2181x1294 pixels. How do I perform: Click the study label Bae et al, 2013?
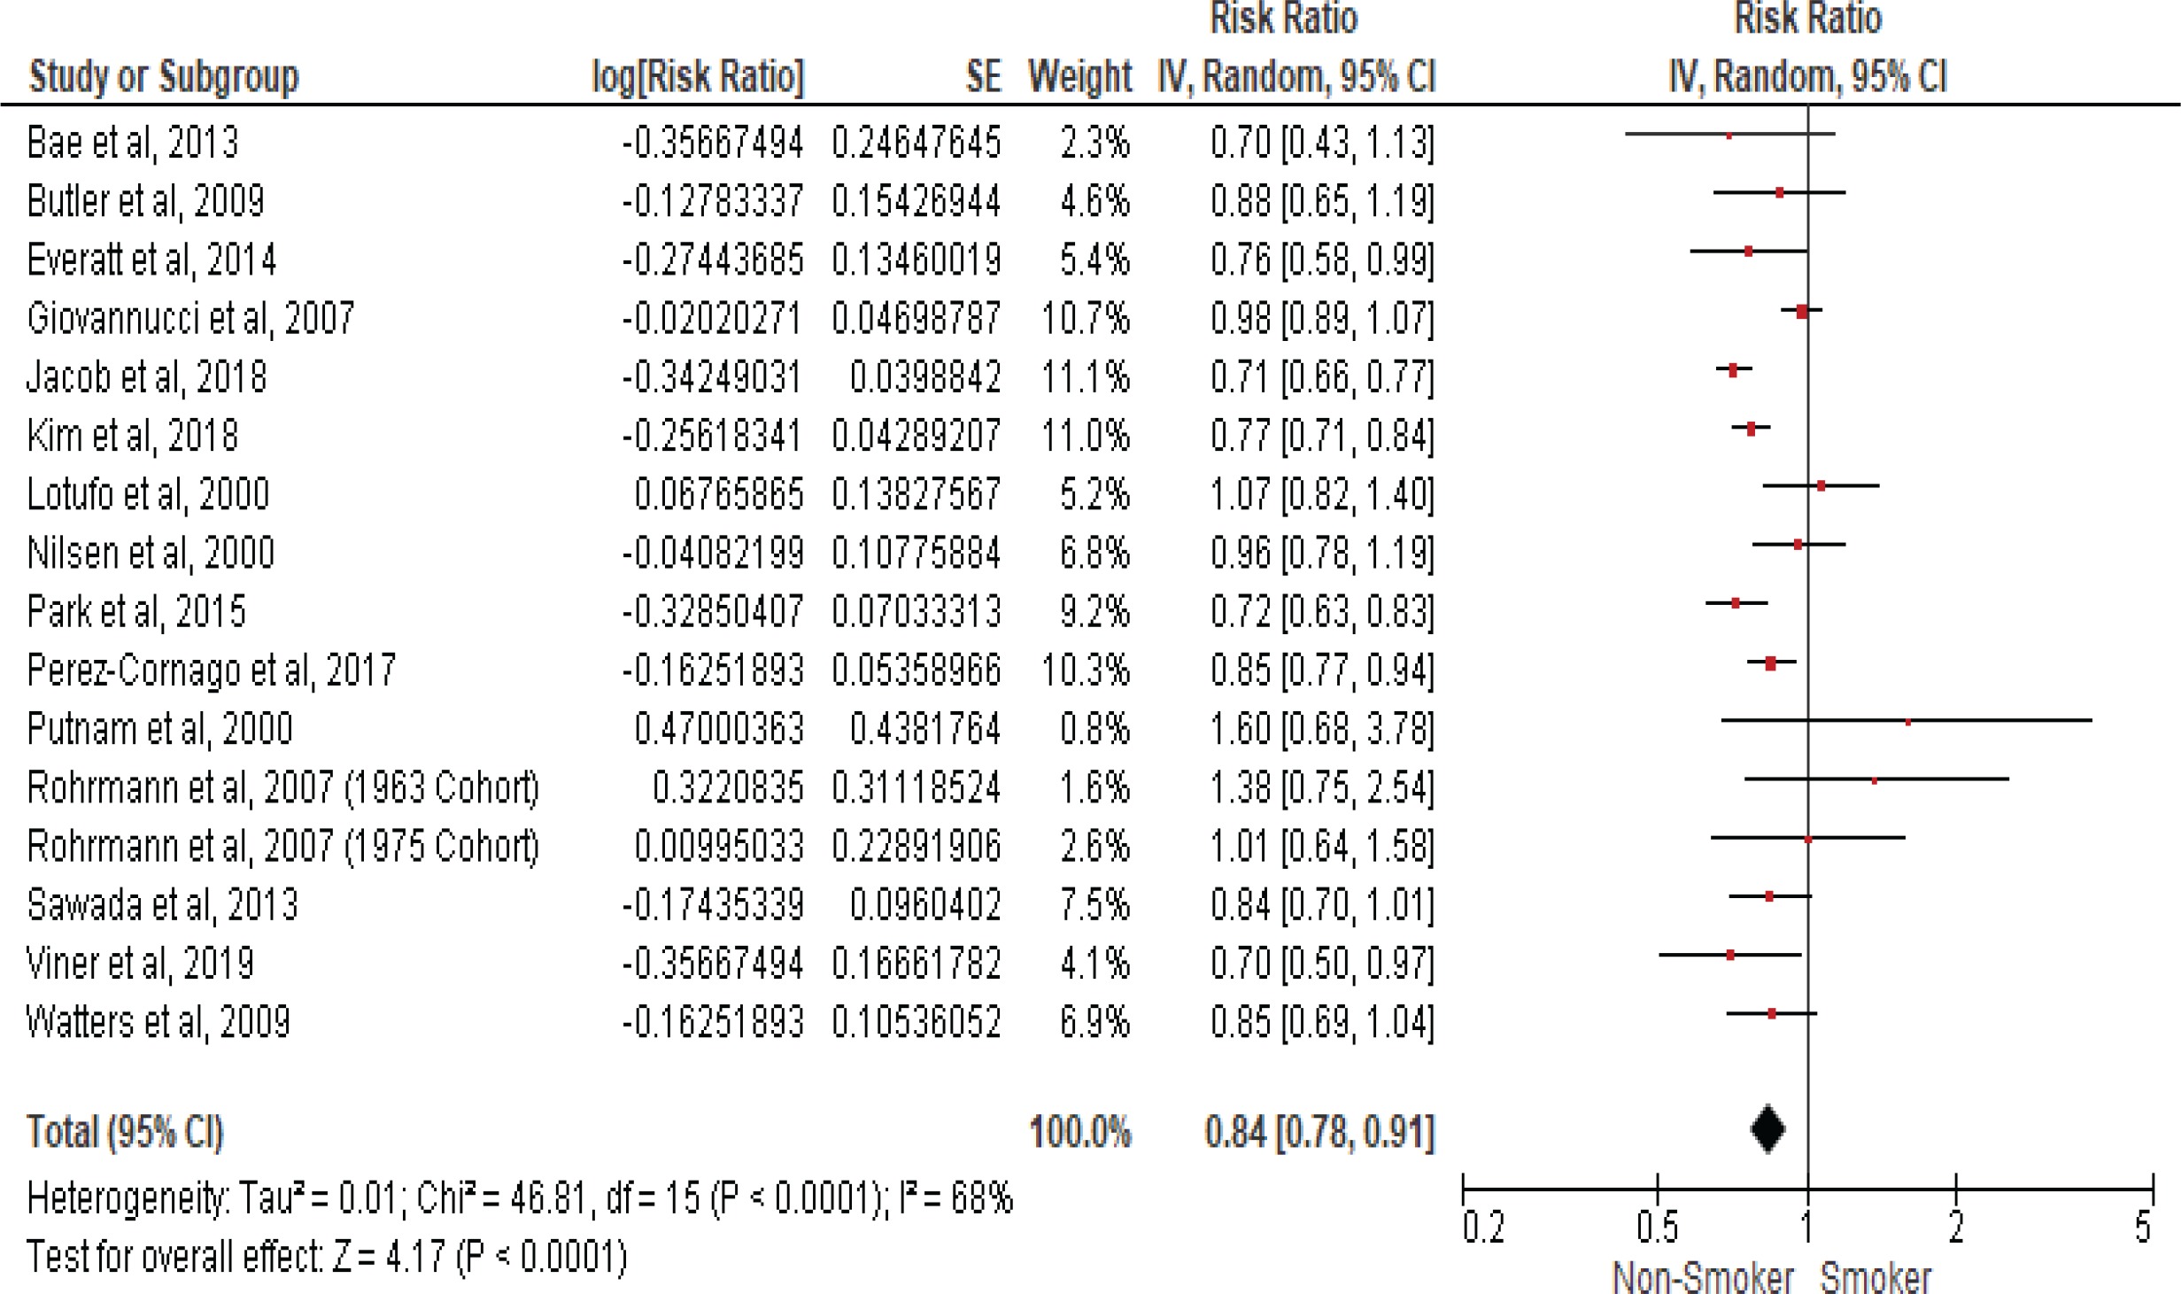(133, 143)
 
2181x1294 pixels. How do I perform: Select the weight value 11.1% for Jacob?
(1086, 377)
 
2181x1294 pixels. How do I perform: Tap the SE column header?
(983, 77)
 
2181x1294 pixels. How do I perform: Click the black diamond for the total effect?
(1767, 1129)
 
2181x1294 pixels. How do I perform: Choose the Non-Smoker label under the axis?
(1702, 1278)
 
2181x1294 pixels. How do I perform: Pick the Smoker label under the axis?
(1876, 1278)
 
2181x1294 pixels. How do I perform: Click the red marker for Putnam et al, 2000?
(1907, 722)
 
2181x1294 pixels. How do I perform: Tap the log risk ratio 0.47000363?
(718, 729)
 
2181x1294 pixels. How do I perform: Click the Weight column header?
(1079, 77)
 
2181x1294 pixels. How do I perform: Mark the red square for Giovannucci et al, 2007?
(1802, 311)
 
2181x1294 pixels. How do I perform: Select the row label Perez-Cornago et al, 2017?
(211, 670)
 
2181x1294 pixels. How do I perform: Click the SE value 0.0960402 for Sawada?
(924, 905)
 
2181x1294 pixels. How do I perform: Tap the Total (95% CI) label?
(125, 1132)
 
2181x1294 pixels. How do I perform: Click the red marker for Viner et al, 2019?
(1730, 955)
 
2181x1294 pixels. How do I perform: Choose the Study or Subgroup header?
(164, 77)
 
